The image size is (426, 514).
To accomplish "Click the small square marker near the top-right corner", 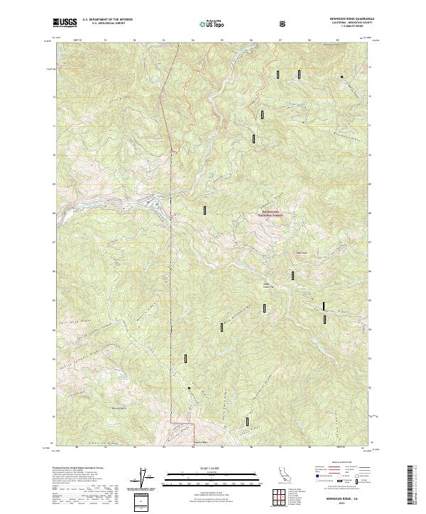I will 342,77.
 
